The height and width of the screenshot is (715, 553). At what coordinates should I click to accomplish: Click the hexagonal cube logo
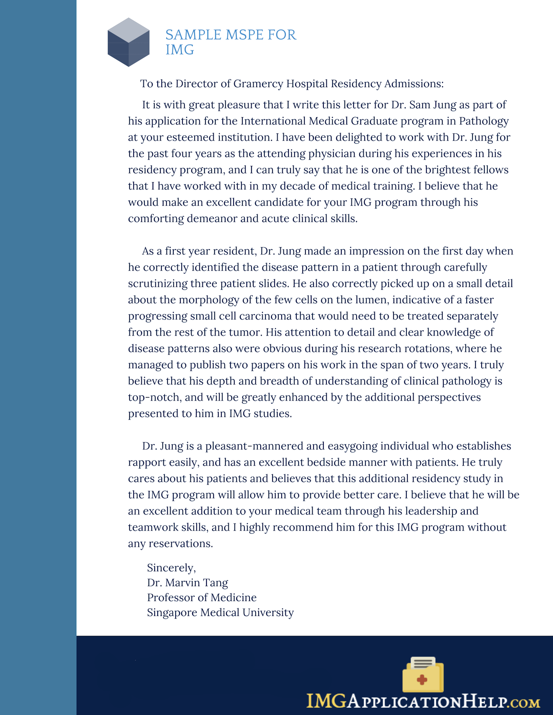[128, 42]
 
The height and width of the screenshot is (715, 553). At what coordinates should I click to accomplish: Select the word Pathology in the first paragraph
[484, 121]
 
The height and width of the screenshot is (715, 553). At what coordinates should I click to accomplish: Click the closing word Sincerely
[171, 568]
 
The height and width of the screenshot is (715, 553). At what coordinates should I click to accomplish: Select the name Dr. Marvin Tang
[187, 583]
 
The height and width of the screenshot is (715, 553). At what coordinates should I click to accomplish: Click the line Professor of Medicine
[201, 598]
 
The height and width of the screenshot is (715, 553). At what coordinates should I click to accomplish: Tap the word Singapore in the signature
[172, 613]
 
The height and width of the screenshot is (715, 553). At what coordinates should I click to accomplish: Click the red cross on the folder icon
[422, 680]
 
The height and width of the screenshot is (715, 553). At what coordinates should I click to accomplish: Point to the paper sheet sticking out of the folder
[423, 663]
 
